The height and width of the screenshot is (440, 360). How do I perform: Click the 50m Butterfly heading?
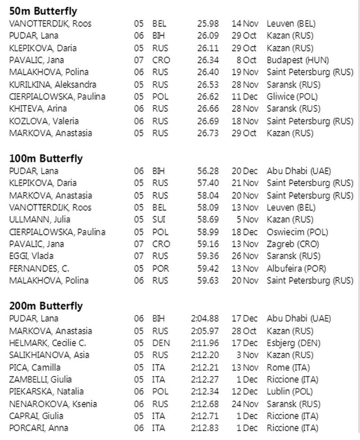tap(43, 11)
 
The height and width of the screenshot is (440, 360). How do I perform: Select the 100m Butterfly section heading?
tap(46, 159)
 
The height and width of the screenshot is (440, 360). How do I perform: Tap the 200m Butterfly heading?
tap(46, 306)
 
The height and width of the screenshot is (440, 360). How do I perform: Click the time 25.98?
tap(208, 24)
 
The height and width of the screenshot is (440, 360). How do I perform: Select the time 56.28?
tap(208, 171)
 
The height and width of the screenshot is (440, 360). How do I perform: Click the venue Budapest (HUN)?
tap(298, 60)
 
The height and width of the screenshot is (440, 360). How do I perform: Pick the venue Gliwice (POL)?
tap(292, 96)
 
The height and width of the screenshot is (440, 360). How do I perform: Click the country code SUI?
tap(159, 219)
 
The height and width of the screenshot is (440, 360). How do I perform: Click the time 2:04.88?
tap(205, 319)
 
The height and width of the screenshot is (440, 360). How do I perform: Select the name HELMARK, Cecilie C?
tap(48, 343)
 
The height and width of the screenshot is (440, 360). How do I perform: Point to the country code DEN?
tap(161, 343)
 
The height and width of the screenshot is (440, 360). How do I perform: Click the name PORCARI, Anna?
tap(38, 428)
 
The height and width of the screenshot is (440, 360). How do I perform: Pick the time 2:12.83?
tap(205, 428)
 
